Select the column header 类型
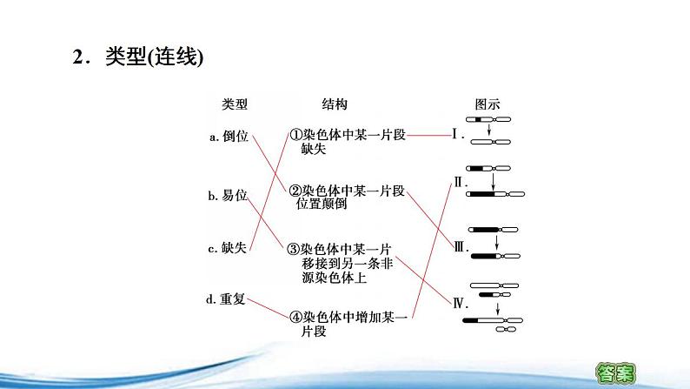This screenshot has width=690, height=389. click(x=235, y=104)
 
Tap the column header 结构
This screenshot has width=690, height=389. click(x=335, y=104)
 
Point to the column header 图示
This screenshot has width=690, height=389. click(x=487, y=104)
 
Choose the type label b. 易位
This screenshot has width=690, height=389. click(x=229, y=197)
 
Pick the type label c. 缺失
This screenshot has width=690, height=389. click(x=229, y=248)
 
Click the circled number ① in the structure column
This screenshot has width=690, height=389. click(x=295, y=136)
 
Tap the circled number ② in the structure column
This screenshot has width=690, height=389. click(x=295, y=191)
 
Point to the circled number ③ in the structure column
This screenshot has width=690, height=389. click(x=295, y=248)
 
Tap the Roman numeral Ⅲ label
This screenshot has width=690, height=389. click(x=461, y=246)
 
